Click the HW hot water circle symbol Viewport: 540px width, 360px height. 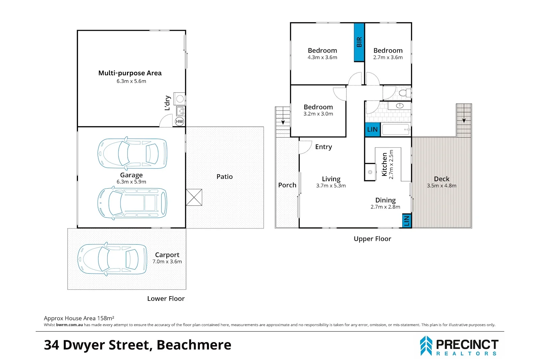pos(179,121)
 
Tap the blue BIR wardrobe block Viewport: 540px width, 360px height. pos(359,42)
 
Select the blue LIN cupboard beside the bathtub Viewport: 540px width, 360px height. pos(373,130)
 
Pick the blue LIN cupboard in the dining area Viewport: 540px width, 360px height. pos(407,221)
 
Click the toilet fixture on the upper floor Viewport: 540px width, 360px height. pos(405,93)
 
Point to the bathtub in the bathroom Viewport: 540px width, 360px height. pos(396,130)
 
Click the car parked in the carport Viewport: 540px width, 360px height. pos(112,259)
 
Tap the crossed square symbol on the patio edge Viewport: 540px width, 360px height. pos(194,197)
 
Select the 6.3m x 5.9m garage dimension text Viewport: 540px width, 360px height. pos(131,182)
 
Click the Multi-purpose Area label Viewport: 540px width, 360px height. pos(130,73)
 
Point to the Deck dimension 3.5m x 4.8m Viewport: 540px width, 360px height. pos(442,186)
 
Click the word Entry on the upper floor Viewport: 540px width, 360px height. pos(324,147)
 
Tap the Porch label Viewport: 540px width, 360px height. pos(287,185)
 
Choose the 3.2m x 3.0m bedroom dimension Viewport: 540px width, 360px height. pos(318,114)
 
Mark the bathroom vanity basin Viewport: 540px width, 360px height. pos(400,106)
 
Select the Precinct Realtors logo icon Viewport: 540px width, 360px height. pos(426,346)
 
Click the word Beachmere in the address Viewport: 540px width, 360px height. pos(194,345)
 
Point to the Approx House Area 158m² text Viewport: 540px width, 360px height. pos(79,318)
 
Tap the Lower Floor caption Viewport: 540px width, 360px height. pos(166,299)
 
